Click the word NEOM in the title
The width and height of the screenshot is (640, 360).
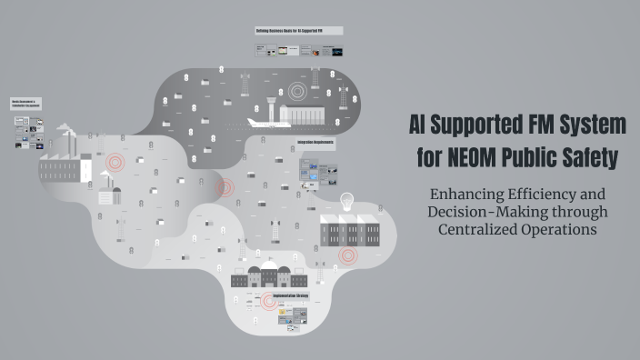[472, 158]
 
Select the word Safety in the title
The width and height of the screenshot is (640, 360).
[590, 158]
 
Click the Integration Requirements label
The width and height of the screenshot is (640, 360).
[315, 143]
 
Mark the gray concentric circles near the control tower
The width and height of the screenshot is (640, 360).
[299, 91]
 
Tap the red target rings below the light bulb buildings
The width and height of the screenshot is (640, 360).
[346, 256]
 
